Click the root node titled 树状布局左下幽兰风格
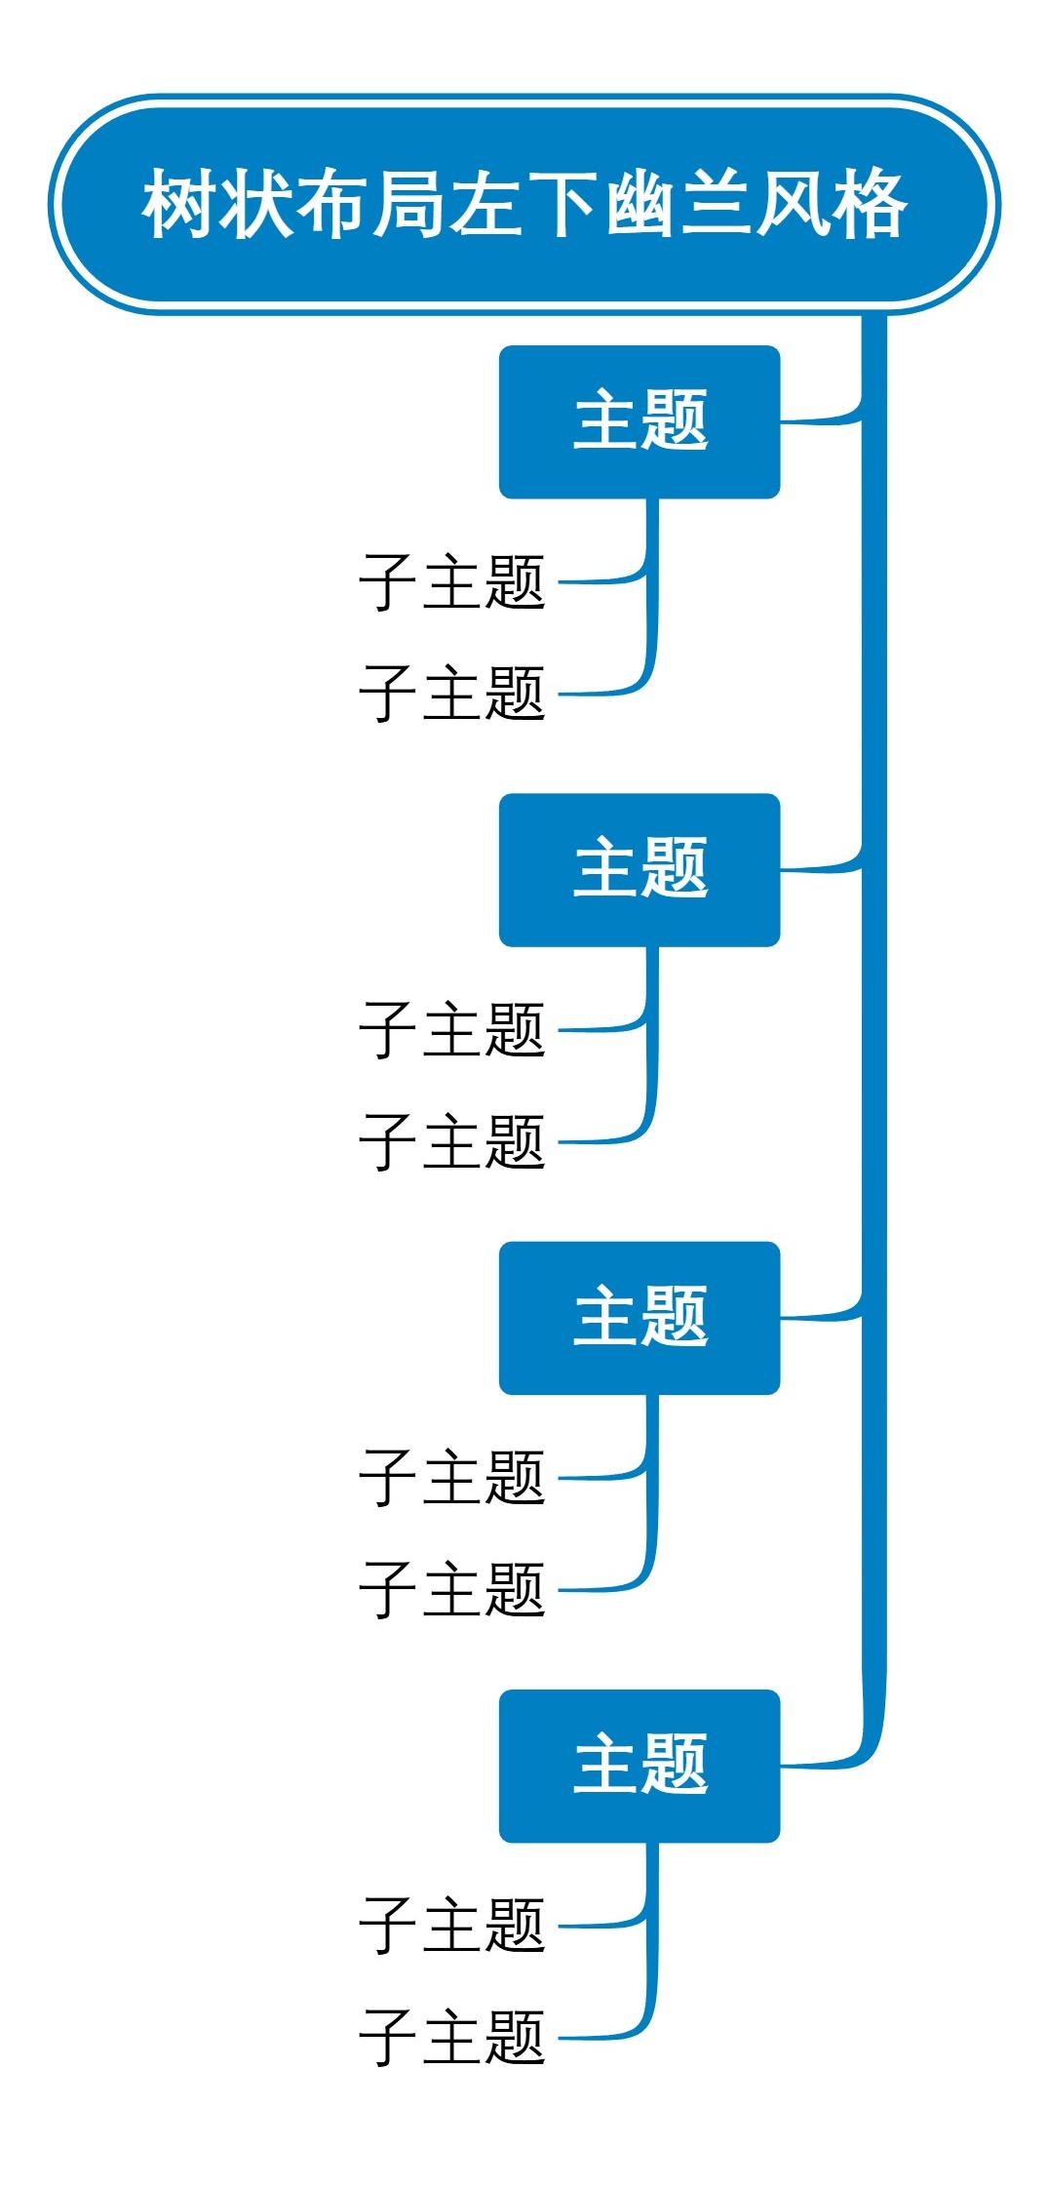pos(524,204)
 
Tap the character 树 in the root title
pos(179,205)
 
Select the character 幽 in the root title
pos(641,205)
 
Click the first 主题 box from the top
pos(640,421)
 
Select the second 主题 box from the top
pos(640,869)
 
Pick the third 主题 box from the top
pos(640,1317)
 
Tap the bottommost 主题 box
pos(640,1765)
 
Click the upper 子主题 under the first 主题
pos(452,582)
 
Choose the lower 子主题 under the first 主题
pos(452,694)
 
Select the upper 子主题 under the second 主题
pos(452,1030)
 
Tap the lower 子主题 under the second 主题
pos(452,1141)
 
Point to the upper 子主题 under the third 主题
pos(452,1478)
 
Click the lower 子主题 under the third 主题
pos(452,1589)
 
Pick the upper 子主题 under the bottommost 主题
pos(452,1926)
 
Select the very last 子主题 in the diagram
pos(452,2037)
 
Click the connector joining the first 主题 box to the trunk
pos(819,421)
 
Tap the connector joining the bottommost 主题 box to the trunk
pos(824,1764)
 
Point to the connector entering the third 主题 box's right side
pos(819,1317)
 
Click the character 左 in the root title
pos(485,205)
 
